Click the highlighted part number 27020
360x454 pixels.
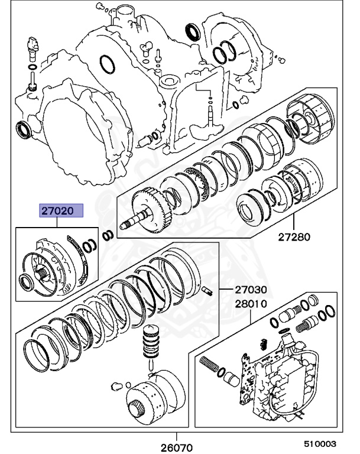57,210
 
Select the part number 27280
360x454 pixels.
294,237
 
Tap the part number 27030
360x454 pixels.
251,290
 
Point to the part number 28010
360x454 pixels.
251,304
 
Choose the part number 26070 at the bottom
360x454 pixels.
176,447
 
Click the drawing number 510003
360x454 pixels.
320,444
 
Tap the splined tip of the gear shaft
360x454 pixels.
125,225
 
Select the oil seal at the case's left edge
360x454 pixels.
22,129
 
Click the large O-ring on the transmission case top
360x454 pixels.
108,64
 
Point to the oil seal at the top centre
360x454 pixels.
192,31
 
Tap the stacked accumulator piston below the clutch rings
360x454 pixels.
151,342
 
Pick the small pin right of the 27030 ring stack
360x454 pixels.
207,290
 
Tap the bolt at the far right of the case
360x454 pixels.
281,59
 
